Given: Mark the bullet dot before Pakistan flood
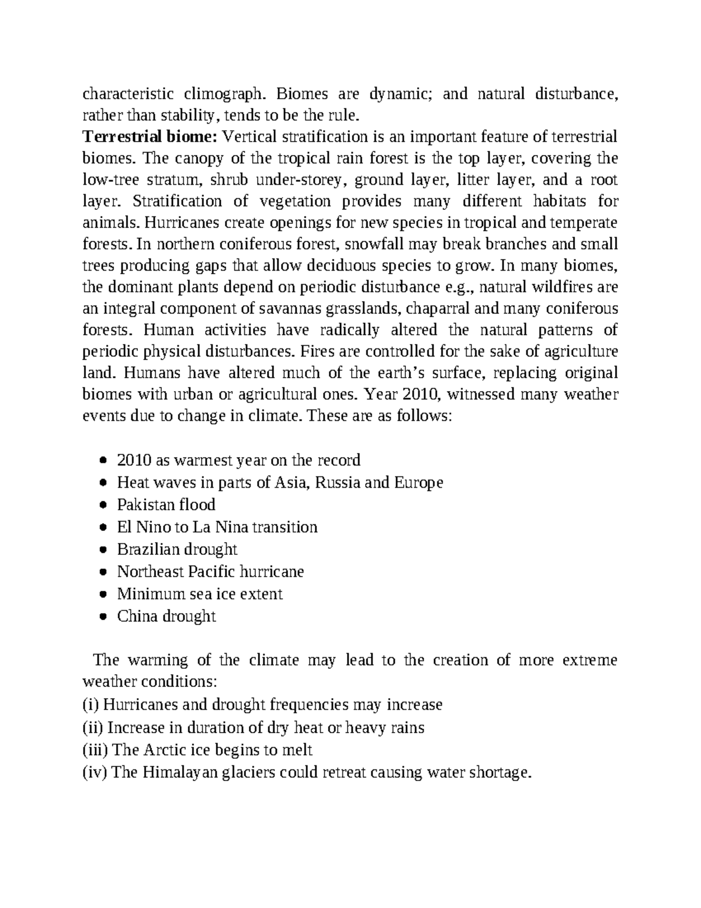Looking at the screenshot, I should click(103, 505).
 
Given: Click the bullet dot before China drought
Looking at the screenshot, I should click(103, 616).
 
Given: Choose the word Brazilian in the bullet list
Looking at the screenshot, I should click(148, 550).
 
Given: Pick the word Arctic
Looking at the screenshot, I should click(164, 750).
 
